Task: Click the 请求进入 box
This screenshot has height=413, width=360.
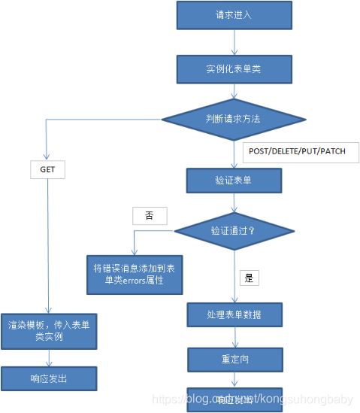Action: point(233,14)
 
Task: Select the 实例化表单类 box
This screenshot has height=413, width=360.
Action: point(233,69)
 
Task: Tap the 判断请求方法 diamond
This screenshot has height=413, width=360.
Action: point(233,118)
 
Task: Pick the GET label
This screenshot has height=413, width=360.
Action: point(48,170)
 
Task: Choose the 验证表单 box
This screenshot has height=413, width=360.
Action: point(234,181)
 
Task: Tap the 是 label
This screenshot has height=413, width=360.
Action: point(250,278)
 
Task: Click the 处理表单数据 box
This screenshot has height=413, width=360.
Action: point(234,314)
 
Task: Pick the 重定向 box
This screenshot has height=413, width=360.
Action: point(234,360)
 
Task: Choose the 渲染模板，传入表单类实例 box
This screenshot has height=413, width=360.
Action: point(50,331)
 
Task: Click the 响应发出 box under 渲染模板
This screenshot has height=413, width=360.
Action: point(50,378)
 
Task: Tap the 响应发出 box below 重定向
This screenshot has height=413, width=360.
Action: point(234,399)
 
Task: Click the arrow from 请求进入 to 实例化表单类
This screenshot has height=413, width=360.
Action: point(233,41)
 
